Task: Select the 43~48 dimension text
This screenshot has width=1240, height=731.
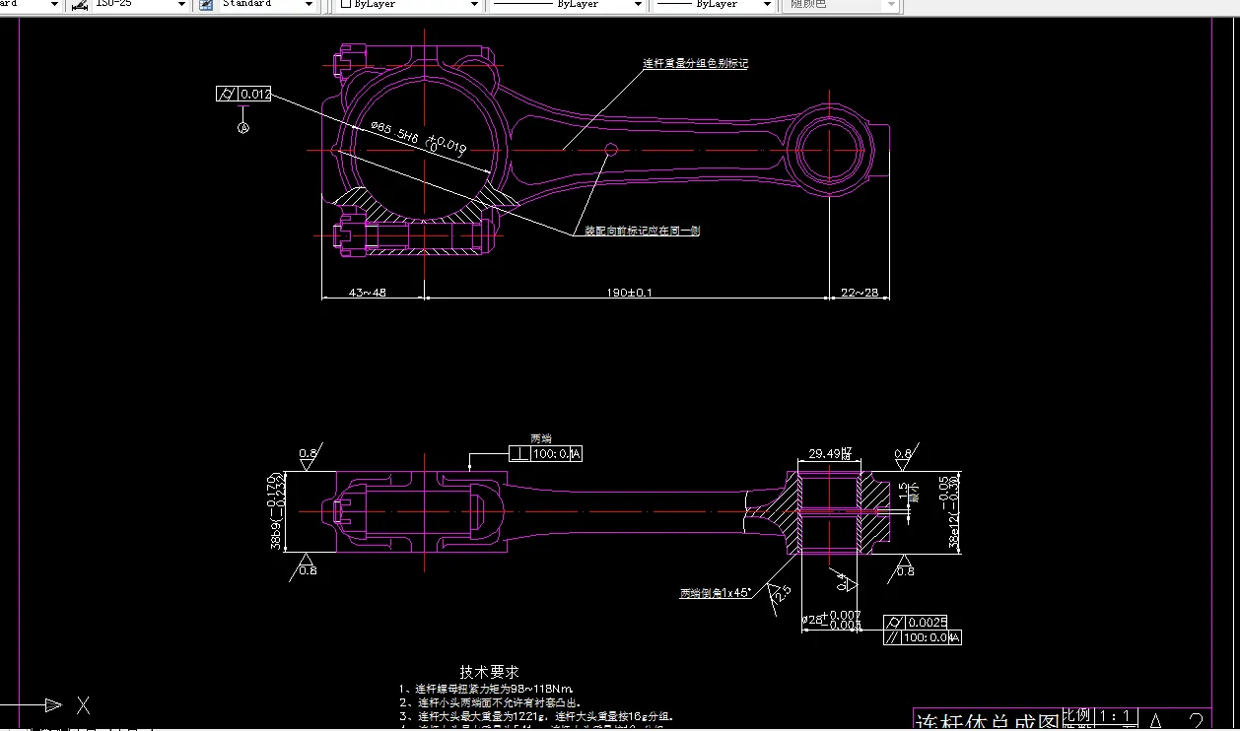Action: (x=367, y=292)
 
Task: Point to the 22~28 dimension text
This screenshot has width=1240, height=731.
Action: (x=859, y=292)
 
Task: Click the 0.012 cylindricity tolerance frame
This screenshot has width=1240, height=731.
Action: (x=243, y=95)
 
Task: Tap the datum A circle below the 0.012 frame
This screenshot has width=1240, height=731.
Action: (x=243, y=127)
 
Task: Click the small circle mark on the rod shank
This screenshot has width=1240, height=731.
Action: (x=611, y=149)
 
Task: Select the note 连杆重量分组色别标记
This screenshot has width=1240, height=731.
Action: (x=696, y=63)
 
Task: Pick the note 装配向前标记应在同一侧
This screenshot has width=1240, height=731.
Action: (x=642, y=231)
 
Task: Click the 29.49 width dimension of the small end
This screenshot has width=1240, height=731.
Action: (x=830, y=454)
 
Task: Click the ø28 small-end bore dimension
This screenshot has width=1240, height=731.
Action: (x=830, y=620)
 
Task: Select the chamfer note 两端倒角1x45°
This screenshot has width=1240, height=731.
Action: (x=715, y=593)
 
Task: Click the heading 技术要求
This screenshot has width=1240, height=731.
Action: (x=489, y=672)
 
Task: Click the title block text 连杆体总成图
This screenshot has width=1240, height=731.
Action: (x=988, y=721)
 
